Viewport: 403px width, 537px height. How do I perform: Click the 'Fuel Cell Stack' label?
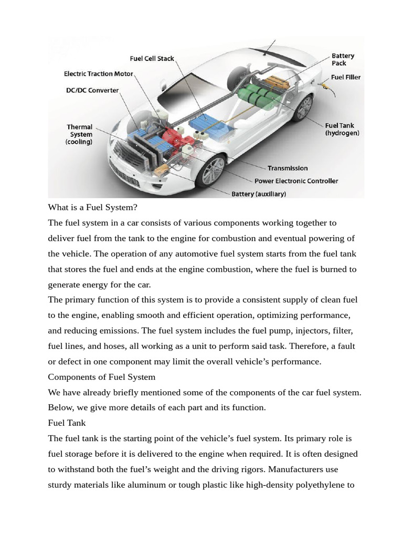coord(152,58)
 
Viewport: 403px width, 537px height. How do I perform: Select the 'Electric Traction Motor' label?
coord(98,74)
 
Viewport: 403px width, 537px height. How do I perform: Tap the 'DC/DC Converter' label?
coord(92,90)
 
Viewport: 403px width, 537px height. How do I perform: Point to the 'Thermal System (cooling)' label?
coord(79,134)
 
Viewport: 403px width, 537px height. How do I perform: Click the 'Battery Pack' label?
coord(343,59)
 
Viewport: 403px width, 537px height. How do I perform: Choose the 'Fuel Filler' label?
coord(346,77)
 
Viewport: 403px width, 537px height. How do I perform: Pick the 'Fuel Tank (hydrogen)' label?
coord(342,130)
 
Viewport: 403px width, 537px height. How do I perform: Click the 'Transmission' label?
coord(288,168)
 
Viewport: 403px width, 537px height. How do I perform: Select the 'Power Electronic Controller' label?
coord(296,181)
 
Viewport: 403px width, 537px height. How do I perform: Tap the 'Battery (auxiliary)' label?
coord(259,194)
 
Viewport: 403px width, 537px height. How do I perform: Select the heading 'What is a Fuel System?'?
coord(92,207)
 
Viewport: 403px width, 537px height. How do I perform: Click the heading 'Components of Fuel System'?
coord(102,377)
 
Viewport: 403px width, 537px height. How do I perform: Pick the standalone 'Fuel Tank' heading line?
coord(67,422)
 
